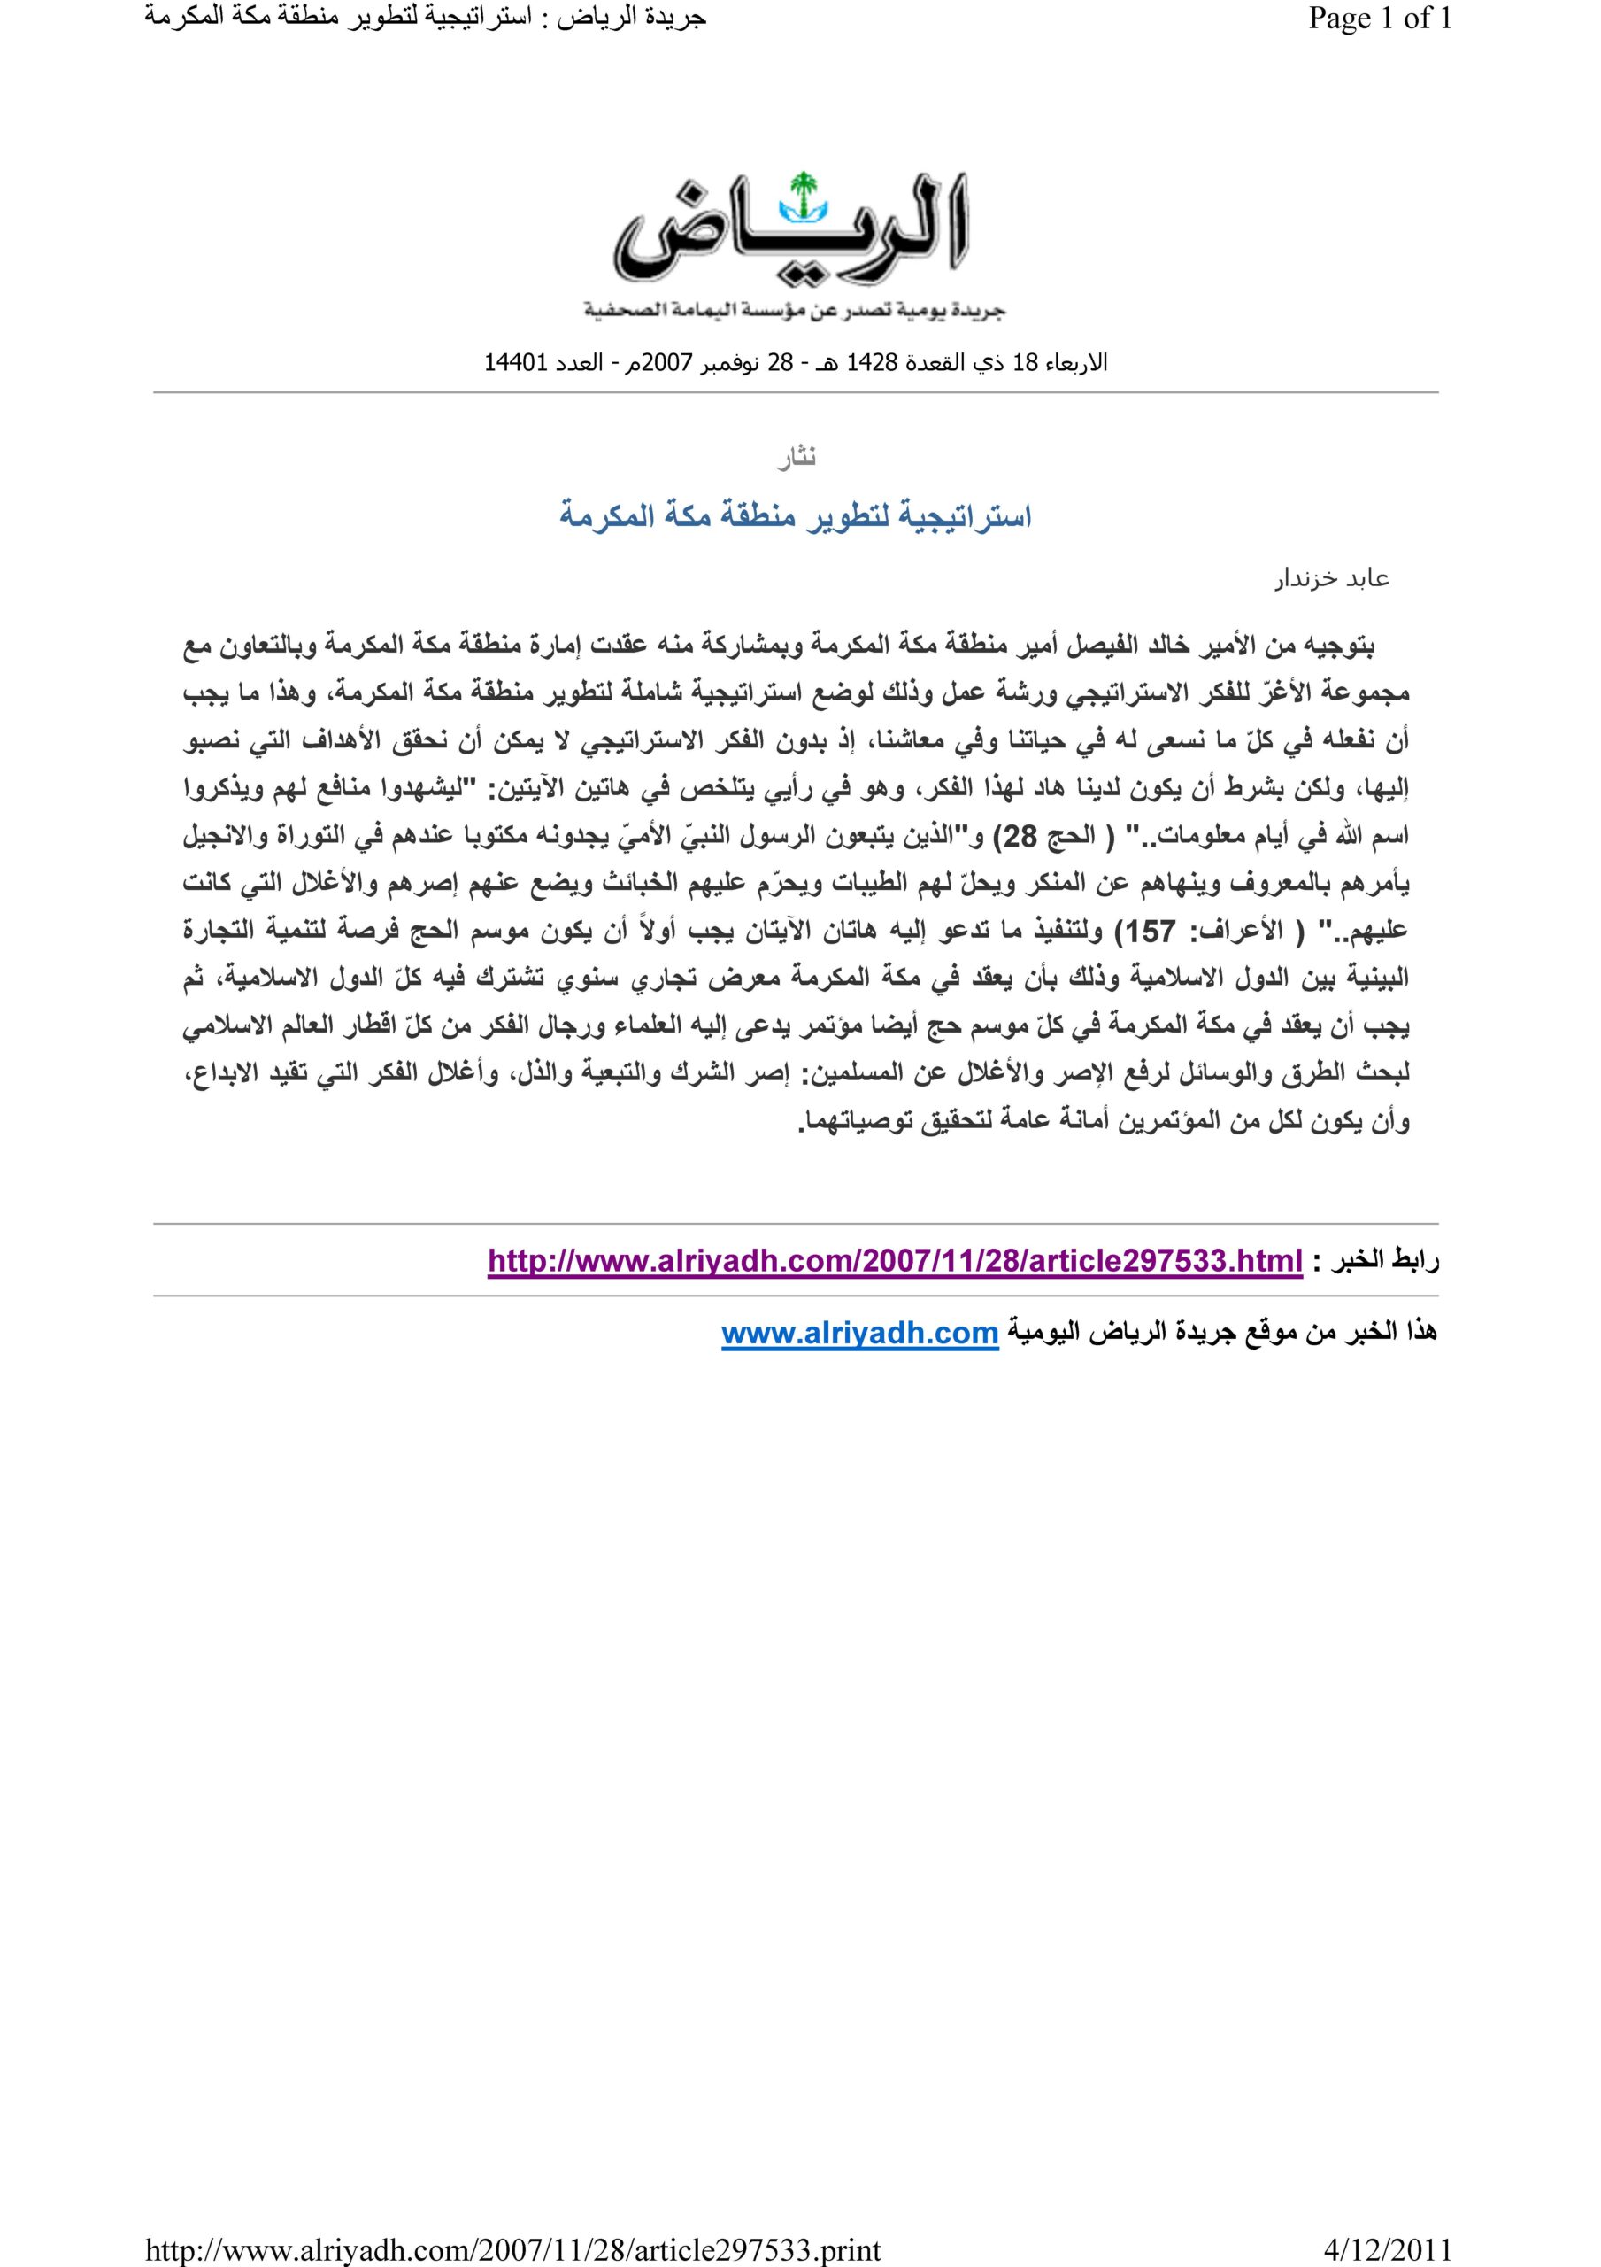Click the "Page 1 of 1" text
(x=1379, y=19)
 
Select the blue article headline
(x=796, y=515)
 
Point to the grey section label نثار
(x=796, y=458)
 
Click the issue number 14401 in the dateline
(x=515, y=362)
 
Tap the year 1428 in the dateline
(x=872, y=362)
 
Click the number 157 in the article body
(x=1150, y=931)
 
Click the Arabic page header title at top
(x=426, y=19)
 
